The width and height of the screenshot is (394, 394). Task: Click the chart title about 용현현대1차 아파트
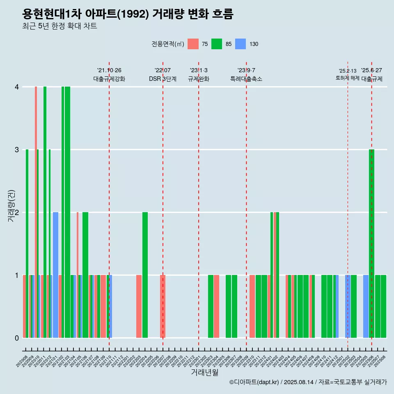point(128,14)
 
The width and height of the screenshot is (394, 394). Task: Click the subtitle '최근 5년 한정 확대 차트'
point(60,27)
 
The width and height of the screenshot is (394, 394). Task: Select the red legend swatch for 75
point(193,44)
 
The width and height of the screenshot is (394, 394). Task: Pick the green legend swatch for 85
point(217,44)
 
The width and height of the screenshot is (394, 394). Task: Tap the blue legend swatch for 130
point(241,44)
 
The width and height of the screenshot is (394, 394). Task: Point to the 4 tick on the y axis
point(17,87)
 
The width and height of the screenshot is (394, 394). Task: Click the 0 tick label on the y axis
point(17,338)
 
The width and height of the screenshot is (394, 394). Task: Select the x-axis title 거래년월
point(204,372)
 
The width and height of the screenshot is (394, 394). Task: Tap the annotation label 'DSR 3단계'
point(163,79)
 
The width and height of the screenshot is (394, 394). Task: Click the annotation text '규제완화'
point(199,79)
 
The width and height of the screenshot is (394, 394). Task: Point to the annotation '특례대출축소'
point(246,79)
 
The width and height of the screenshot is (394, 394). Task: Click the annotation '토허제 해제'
point(348,78)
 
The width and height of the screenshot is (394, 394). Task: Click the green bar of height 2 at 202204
point(145,275)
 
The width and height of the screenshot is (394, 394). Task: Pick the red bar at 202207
point(163,306)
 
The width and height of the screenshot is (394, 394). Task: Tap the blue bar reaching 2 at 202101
point(55,275)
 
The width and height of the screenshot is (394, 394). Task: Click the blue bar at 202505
point(366,306)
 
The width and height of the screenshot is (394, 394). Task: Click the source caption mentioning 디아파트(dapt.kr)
point(308,383)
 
